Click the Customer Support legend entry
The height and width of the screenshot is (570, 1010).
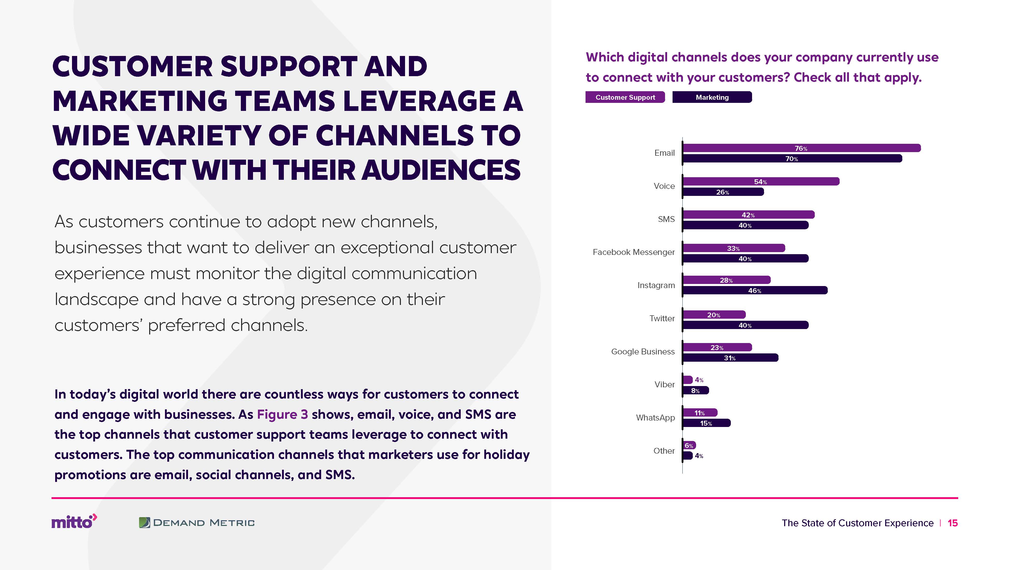coord(625,97)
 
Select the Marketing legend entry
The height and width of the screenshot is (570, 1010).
coord(712,97)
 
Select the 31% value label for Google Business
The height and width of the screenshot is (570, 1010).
coord(730,358)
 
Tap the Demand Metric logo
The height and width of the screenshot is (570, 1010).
coord(197,523)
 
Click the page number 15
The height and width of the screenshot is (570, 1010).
coord(952,523)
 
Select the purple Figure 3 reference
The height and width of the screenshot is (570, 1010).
coord(282,414)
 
